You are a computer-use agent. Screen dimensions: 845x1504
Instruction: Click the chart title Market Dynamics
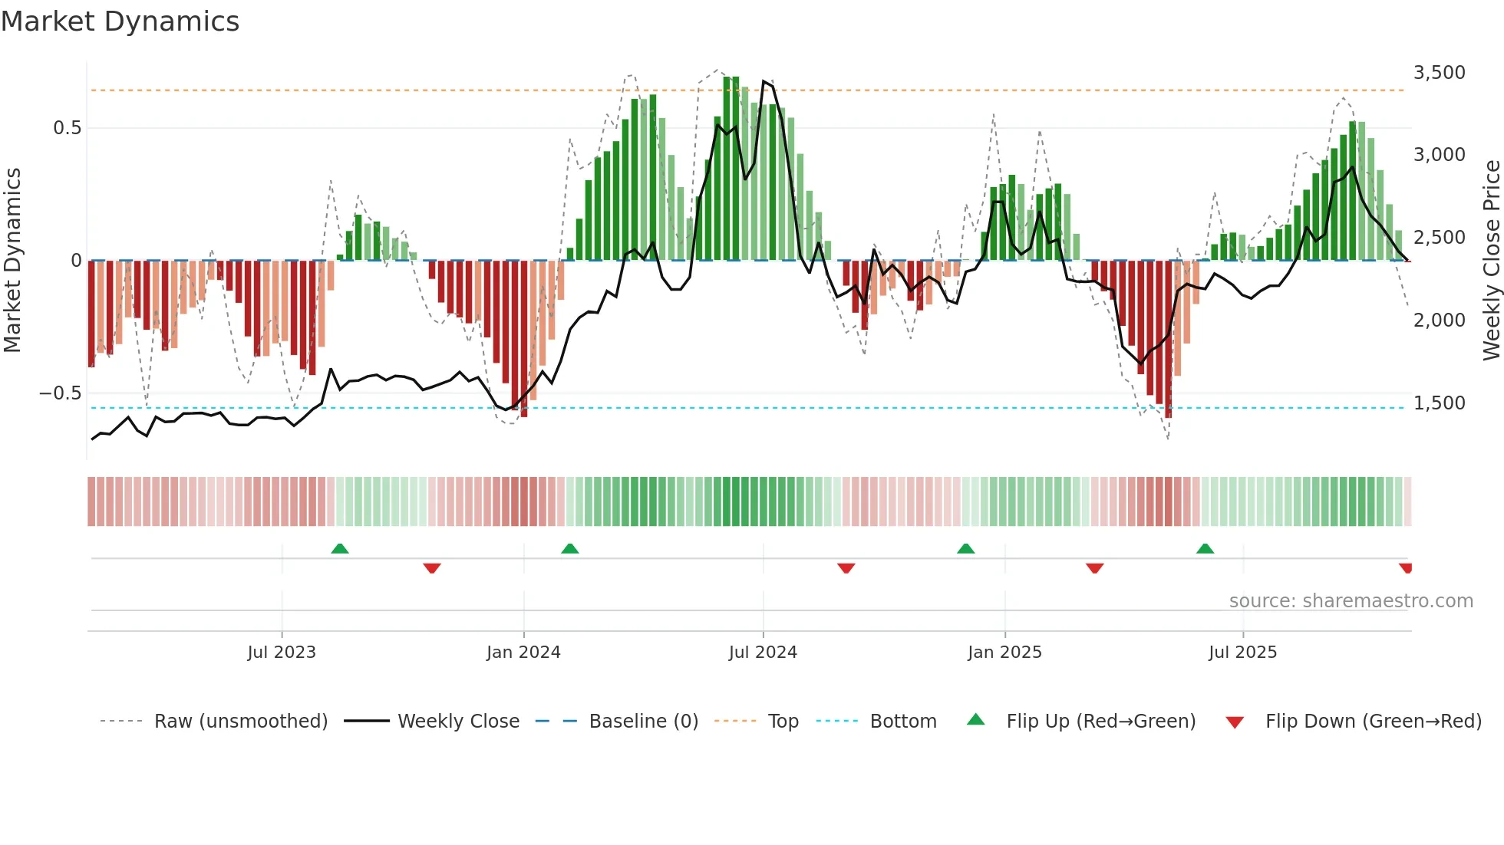[120, 21]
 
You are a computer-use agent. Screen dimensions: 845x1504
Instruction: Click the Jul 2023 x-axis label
[282, 653]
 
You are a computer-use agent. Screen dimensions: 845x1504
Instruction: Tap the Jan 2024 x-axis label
[523, 653]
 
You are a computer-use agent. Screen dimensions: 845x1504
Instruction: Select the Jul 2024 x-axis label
[763, 653]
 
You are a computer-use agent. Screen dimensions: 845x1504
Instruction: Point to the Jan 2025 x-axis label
[1004, 653]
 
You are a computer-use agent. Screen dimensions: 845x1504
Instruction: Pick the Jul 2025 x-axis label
[1242, 653]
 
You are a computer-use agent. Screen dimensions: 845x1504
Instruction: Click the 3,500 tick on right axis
[1439, 73]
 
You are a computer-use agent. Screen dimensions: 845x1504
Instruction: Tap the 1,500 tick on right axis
[1439, 403]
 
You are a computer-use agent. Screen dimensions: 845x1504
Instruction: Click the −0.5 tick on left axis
[61, 393]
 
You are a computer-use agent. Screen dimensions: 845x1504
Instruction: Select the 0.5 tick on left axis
[68, 128]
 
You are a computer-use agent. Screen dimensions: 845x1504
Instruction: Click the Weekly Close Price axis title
[1491, 260]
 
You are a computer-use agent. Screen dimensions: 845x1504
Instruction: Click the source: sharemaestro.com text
[1351, 601]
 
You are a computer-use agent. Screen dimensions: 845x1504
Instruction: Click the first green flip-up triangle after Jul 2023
[340, 548]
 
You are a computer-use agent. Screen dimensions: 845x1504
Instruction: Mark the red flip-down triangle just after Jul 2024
[846, 568]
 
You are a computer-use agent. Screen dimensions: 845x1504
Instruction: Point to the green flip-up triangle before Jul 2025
[1205, 548]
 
